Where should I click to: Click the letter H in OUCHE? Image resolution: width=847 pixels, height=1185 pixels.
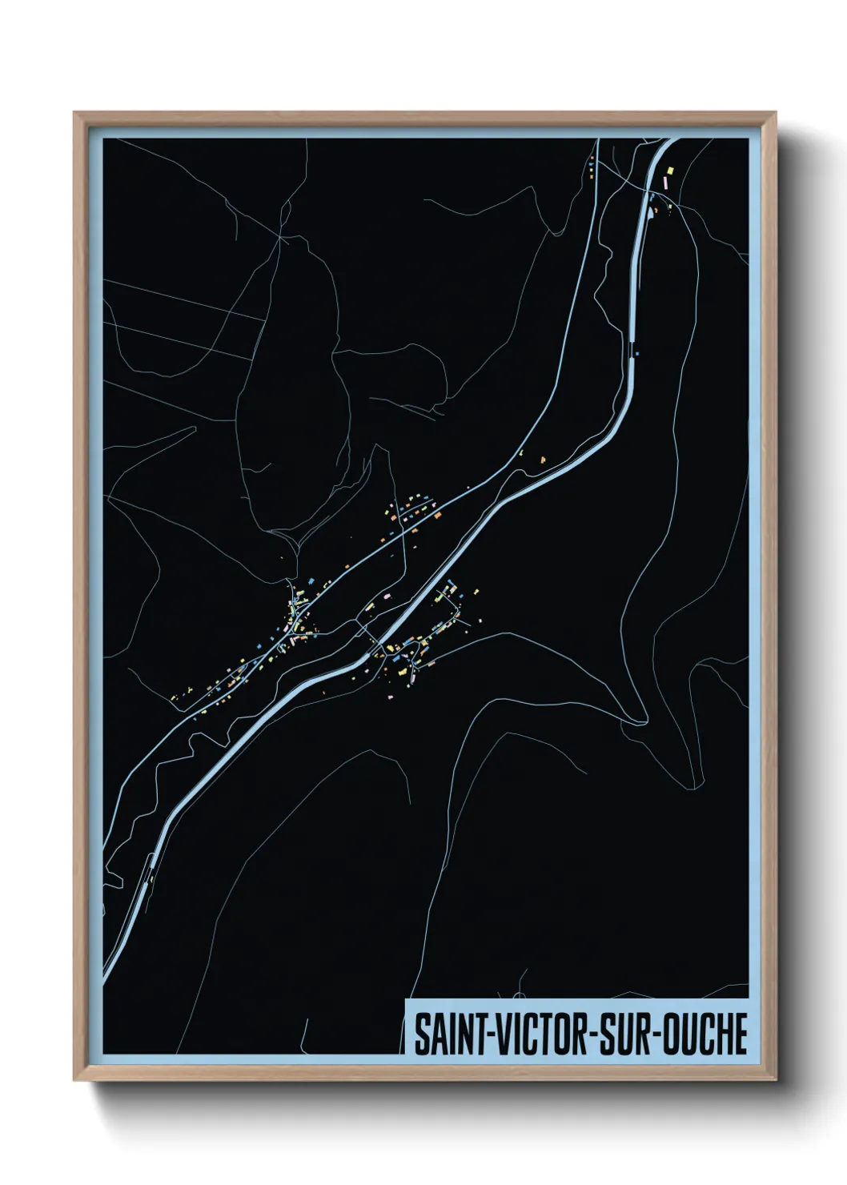point(722,1034)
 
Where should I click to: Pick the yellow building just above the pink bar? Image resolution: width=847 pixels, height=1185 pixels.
point(670,170)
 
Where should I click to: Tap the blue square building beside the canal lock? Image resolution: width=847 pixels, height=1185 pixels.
point(638,352)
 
